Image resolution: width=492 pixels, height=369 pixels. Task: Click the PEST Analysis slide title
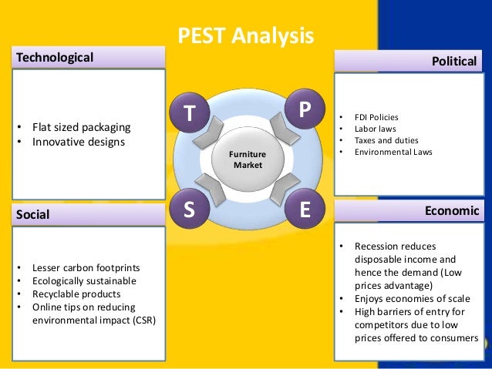click(x=246, y=35)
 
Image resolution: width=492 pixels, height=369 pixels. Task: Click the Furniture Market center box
click(x=248, y=159)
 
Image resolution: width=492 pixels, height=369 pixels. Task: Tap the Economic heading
click(x=452, y=210)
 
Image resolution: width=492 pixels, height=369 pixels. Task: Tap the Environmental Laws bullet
click(x=393, y=152)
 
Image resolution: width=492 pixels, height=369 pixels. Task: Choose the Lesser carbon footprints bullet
click(x=86, y=268)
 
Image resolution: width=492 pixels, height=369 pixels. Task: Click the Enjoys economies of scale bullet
click(x=409, y=298)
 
